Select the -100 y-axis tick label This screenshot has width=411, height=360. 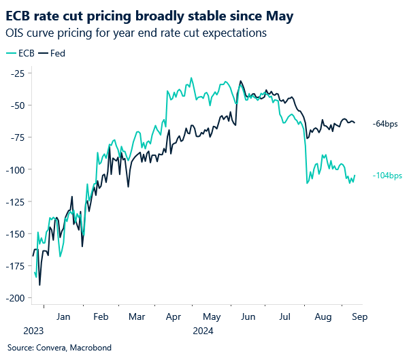coord(14,169)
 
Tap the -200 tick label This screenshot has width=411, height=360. coord(14,298)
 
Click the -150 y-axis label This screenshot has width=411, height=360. coord(14,234)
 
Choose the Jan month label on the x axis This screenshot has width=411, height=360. coord(63,316)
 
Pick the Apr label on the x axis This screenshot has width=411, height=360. coord(174,316)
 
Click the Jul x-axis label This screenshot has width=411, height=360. coord(284,316)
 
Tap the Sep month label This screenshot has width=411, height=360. coord(359,316)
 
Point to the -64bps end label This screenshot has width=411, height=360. coord(384,124)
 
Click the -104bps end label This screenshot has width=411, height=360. coord(387,176)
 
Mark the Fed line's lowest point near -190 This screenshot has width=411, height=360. coord(39,284)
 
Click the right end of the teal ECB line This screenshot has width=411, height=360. coord(355,176)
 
